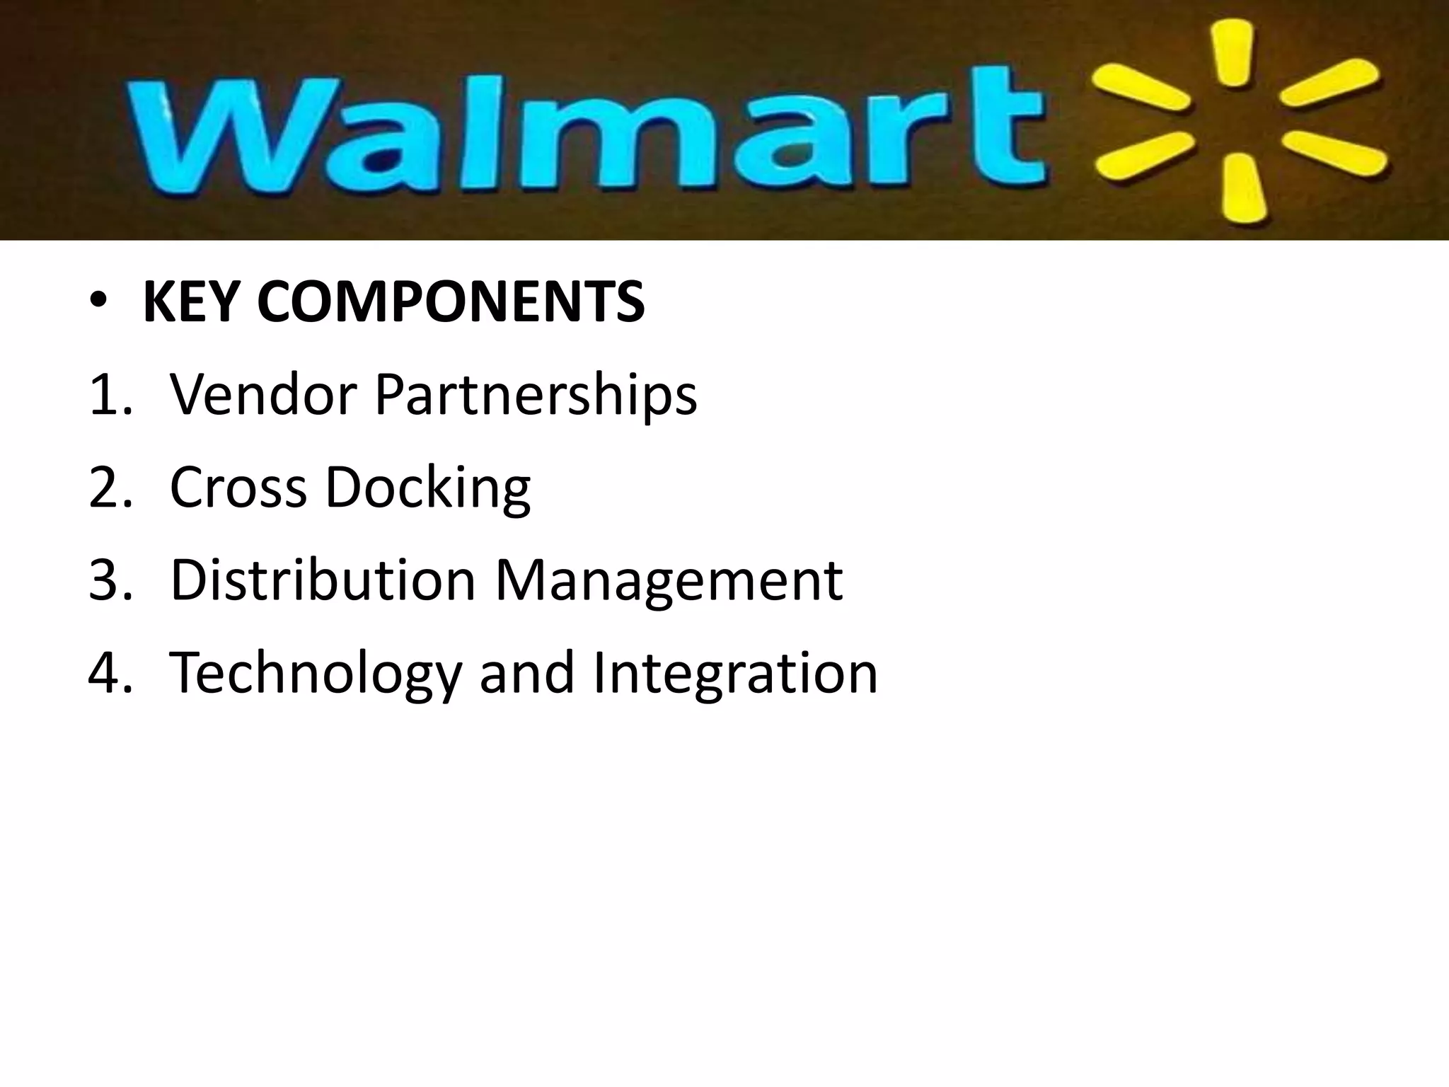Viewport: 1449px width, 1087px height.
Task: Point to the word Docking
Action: (x=427, y=488)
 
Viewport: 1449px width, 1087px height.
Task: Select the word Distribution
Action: (x=323, y=580)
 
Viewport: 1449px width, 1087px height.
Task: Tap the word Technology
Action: (x=316, y=673)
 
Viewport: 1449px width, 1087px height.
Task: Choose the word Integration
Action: (x=735, y=673)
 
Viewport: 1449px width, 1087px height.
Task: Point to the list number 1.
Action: (x=106, y=395)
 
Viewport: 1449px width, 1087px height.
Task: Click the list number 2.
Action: (x=106, y=488)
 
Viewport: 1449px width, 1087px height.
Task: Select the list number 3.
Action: (x=106, y=580)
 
